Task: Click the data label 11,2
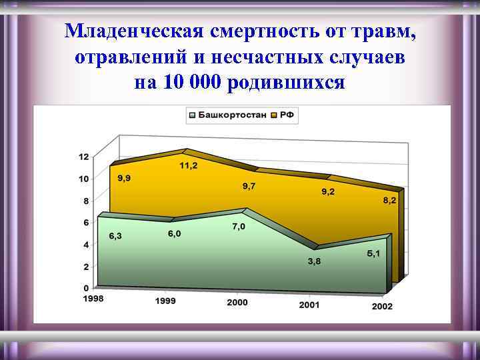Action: point(188,165)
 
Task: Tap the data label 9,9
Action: point(125,177)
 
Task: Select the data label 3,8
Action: point(313,261)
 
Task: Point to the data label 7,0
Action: point(238,227)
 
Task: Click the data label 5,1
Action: point(373,254)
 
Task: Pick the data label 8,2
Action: point(389,200)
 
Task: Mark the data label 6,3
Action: point(115,235)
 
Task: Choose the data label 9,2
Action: point(329,192)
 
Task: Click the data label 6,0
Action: point(174,233)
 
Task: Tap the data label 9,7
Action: point(249,186)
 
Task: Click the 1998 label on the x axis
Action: point(93,299)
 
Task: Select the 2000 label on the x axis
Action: point(237,303)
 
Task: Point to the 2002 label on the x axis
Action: point(382,307)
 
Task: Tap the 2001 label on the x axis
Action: point(309,305)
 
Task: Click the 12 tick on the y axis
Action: point(83,157)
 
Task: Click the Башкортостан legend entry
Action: point(230,115)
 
